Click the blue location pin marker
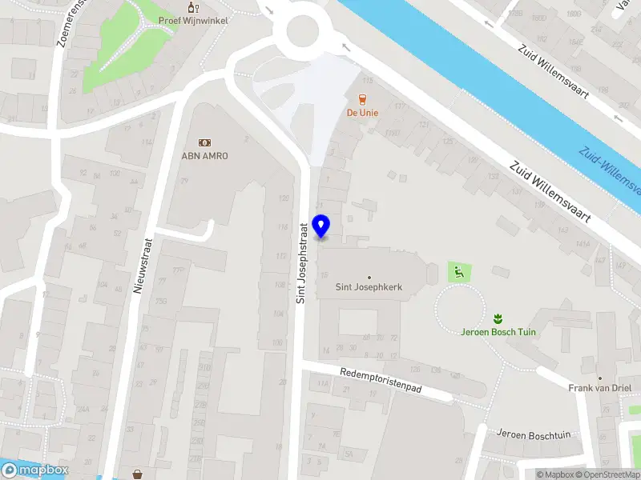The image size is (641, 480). [321, 226]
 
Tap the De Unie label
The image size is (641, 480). [362, 113]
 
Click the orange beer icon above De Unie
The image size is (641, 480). [362, 100]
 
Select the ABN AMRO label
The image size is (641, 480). [204, 155]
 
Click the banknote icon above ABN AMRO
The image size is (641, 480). [204, 142]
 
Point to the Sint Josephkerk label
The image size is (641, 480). [369, 286]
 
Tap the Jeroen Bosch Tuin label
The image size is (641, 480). [498, 331]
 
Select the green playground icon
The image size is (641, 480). [458, 272]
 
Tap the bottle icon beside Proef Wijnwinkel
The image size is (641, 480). [191, 7]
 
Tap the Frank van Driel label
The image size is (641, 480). [599, 388]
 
